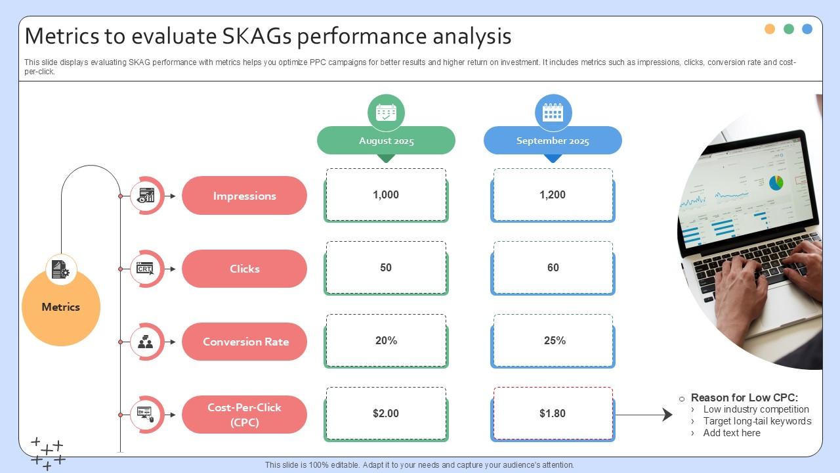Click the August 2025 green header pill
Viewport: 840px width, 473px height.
[386, 141]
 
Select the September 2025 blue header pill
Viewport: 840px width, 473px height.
[553, 141]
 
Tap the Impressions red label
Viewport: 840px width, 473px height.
[244, 196]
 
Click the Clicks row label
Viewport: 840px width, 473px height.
[244, 269]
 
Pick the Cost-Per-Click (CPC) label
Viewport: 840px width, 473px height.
[244, 415]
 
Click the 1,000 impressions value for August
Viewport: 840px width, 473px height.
[386, 195]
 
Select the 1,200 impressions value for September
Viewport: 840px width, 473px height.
[553, 195]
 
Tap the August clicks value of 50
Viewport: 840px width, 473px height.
[386, 268]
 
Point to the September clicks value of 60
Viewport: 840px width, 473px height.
[553, 268]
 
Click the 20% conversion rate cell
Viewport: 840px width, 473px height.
[386, 341]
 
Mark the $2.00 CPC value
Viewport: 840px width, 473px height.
[386, 414]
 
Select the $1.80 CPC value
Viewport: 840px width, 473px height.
[553, 414]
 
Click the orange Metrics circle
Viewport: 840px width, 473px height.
[61, 307]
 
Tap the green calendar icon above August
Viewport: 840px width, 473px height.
[386, 112]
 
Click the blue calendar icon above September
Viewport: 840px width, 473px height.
[553, 112]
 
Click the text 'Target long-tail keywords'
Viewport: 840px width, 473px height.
[757, 421]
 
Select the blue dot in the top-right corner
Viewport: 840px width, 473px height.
[807, 29]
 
